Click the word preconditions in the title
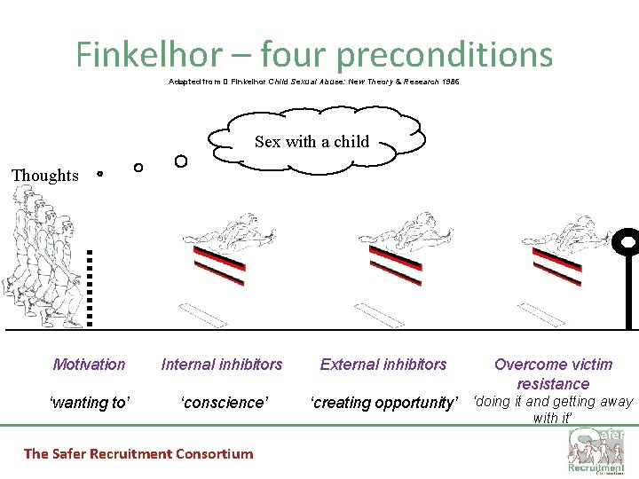445,55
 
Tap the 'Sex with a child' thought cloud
312,141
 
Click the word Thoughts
45,176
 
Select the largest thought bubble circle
181,161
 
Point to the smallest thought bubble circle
99,174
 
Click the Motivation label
89,364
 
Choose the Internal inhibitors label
222,364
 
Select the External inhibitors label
383,364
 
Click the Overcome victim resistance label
553,373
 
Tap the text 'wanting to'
89,403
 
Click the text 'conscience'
224,403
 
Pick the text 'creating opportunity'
383,403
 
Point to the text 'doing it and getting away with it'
552,410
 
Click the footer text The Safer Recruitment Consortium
138,453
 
